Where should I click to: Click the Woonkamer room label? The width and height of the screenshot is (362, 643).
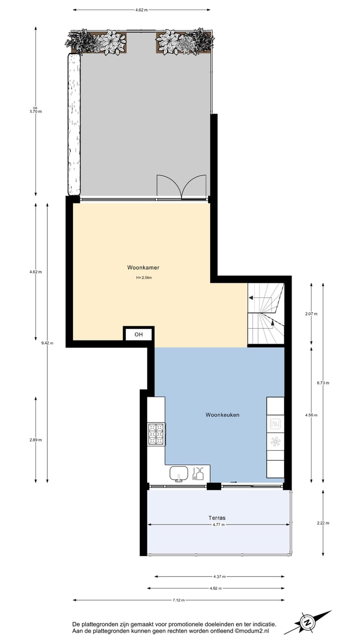143,268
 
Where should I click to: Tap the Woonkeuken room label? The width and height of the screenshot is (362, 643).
222,415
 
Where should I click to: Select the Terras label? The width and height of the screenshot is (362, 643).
217,517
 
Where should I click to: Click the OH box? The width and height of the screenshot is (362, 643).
138,335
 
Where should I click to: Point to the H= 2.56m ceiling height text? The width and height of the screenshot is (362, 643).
143,277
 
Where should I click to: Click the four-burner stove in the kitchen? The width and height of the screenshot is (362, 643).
156,434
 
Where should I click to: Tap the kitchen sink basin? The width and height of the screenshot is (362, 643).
178,473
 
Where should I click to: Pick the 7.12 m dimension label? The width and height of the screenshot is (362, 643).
178,600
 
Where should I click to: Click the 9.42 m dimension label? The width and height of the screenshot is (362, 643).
47,344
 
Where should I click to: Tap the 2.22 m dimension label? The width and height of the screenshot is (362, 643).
323,523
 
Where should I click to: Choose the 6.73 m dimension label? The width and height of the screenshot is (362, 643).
323,383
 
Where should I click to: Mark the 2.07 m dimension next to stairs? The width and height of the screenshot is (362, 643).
312,313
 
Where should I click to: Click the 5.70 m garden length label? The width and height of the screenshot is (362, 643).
35,111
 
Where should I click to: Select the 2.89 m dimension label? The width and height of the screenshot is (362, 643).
35,440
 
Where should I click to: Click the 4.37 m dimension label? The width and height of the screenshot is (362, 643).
219,577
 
